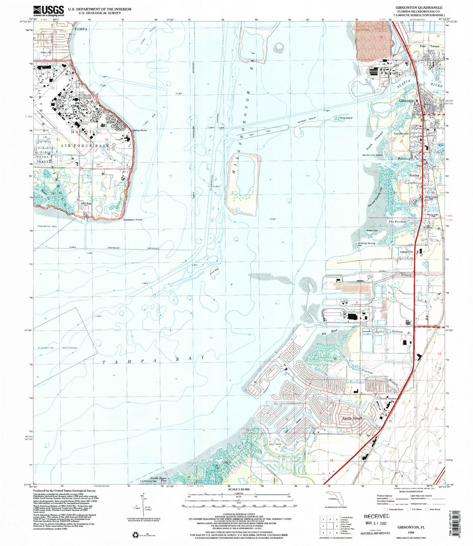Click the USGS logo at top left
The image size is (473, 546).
click(x=48, y=11)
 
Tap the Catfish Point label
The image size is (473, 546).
click(x=139, y=130)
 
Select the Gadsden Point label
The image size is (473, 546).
click(x=133, y=220)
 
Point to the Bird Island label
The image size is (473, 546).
click(x=346, y=118)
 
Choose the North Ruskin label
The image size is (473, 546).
click(x=388, y=399)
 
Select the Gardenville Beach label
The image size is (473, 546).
click(x=372, y=155)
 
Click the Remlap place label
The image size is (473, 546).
click(x=414, y=175)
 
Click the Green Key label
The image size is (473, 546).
click(x=372, y=230)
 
